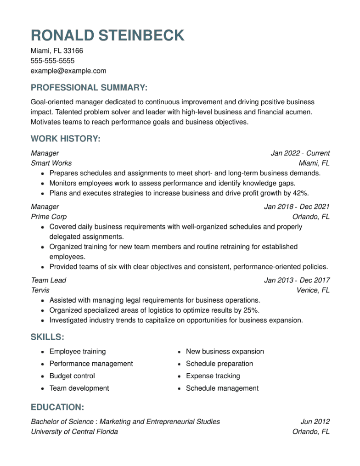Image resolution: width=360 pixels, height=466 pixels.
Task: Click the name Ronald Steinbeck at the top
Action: pos(107,35)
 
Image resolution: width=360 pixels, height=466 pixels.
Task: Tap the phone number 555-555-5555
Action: pos(52,61)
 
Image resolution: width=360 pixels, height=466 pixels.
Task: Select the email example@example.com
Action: pos(68,71)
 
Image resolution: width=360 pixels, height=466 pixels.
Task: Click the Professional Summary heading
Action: pos(89,88)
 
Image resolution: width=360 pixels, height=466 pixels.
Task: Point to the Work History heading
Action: pos(65,139)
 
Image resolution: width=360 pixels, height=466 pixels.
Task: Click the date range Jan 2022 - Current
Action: pos(300,153)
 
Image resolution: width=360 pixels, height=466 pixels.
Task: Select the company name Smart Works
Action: pos(51,163)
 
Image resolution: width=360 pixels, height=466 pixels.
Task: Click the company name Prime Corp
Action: pos(49,217)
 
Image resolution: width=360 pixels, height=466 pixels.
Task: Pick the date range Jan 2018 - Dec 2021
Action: pos(297,207)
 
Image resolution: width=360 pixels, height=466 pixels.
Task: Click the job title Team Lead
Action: pos(48,280)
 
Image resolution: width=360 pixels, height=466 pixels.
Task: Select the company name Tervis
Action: pos(40,290)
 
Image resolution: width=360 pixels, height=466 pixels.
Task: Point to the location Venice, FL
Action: pos(313,290)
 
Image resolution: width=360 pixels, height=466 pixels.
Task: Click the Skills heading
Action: pos(47,337)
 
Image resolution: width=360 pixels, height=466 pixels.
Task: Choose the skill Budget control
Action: pos(72,376)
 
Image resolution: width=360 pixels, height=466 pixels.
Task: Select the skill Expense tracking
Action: pos(213,376)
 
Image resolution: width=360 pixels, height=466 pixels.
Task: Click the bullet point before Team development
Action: pos(42,388)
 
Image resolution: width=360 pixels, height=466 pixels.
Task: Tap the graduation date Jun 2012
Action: pos(315,421)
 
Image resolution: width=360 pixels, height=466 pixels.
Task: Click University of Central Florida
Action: pos(74,432)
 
